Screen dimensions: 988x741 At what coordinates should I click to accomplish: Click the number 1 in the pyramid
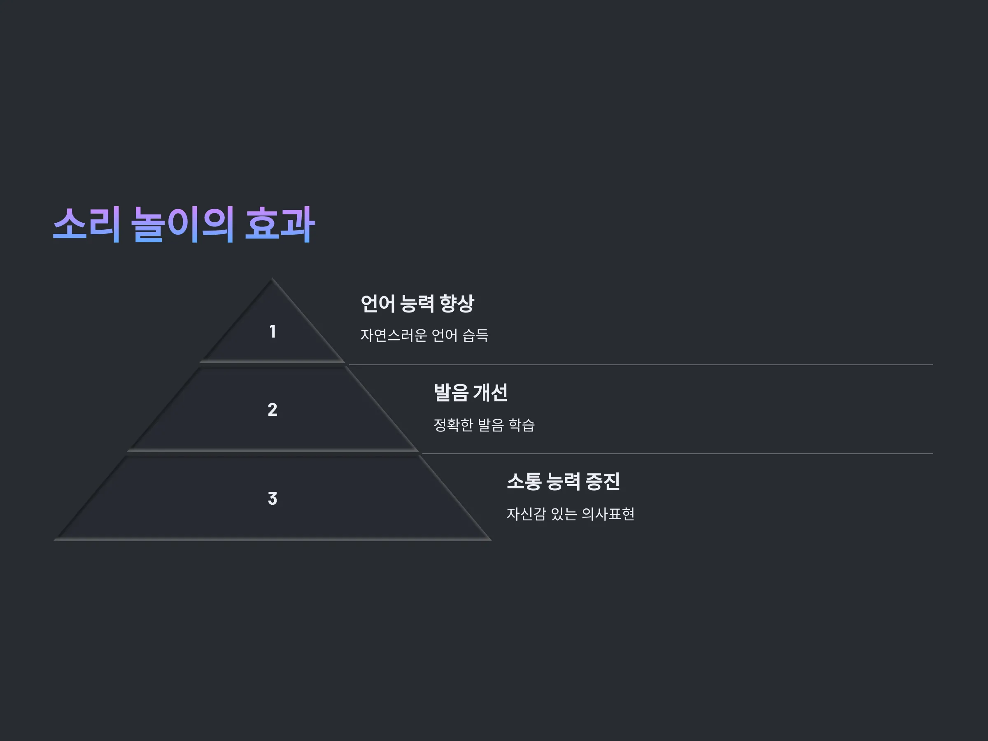(x=273, y=331)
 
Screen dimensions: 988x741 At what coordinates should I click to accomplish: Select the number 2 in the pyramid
(x=273, y=410)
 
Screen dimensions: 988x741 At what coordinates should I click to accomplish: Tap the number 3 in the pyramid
(x=273, y=499)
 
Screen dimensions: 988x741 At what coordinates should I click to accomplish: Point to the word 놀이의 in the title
(x=183, y=224)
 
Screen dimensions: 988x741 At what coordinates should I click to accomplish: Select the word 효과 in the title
(x=280, y=224)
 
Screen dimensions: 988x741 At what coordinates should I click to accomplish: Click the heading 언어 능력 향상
(x=417, y=304)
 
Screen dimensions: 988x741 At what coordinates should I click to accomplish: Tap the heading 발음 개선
(x=471, y=393)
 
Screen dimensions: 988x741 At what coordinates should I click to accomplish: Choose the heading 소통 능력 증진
(x=563, y=482)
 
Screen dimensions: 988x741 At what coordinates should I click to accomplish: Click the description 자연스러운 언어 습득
(x=424, y=335)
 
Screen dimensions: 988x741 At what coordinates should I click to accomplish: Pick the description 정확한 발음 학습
(x=484, y=425)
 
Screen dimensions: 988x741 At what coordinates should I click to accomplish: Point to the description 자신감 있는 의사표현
(x=571, y=514)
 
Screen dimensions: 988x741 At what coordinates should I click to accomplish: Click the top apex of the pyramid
(x=272, y=279)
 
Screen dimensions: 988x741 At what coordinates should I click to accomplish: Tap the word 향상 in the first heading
(x=457, y=304)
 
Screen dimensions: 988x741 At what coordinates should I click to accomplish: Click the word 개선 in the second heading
(x=490, y=393)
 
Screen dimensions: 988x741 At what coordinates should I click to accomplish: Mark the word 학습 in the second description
(x=522, y=425)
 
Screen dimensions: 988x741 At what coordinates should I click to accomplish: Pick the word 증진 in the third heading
(x=603, y=482)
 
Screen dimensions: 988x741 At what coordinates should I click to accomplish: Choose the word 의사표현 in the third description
(x=608, y=514)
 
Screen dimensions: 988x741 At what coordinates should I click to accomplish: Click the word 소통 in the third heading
(x=524, y=482)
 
